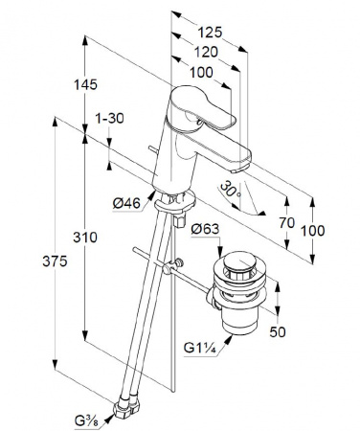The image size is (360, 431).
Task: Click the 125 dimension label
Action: pos(210,33)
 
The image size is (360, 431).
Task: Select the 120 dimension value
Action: pos(206,52)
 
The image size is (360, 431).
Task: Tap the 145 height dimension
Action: pos(85,85)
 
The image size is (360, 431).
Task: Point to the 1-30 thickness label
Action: pos(109,119)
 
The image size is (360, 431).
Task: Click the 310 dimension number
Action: pos(85,238)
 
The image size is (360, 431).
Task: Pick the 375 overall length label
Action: pos(55,261)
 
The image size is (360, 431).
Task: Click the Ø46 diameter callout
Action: pos(126,203)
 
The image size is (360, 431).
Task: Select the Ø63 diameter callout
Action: pos(206,229)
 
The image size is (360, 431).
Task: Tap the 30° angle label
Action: pos(231,189)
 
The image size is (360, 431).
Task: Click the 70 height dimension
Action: pos(287,223)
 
